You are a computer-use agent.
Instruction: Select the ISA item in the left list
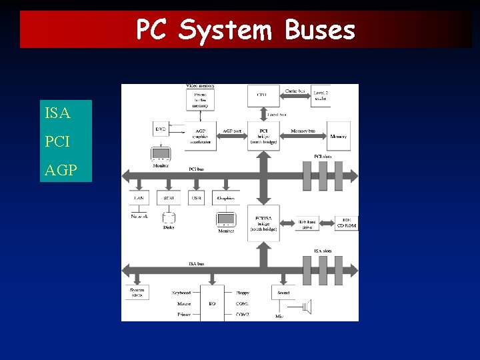57,113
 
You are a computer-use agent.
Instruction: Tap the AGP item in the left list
61,171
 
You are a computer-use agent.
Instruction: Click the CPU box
262,95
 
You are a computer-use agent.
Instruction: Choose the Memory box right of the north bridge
338,137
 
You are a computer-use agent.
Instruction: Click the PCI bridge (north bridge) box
263,136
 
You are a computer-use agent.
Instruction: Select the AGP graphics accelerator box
200,136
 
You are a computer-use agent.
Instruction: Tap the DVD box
161,129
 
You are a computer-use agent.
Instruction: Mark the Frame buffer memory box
200,99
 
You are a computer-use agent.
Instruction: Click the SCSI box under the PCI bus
169,198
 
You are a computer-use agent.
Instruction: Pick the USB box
197,198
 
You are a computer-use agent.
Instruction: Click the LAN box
139,198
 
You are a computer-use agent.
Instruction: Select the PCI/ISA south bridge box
263,223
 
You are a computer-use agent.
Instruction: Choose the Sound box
283,292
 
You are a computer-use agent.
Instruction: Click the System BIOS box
137,292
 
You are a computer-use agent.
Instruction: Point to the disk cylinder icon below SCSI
169,217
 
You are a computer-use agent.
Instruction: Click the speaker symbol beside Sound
307,307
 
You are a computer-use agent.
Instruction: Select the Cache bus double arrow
295,95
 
